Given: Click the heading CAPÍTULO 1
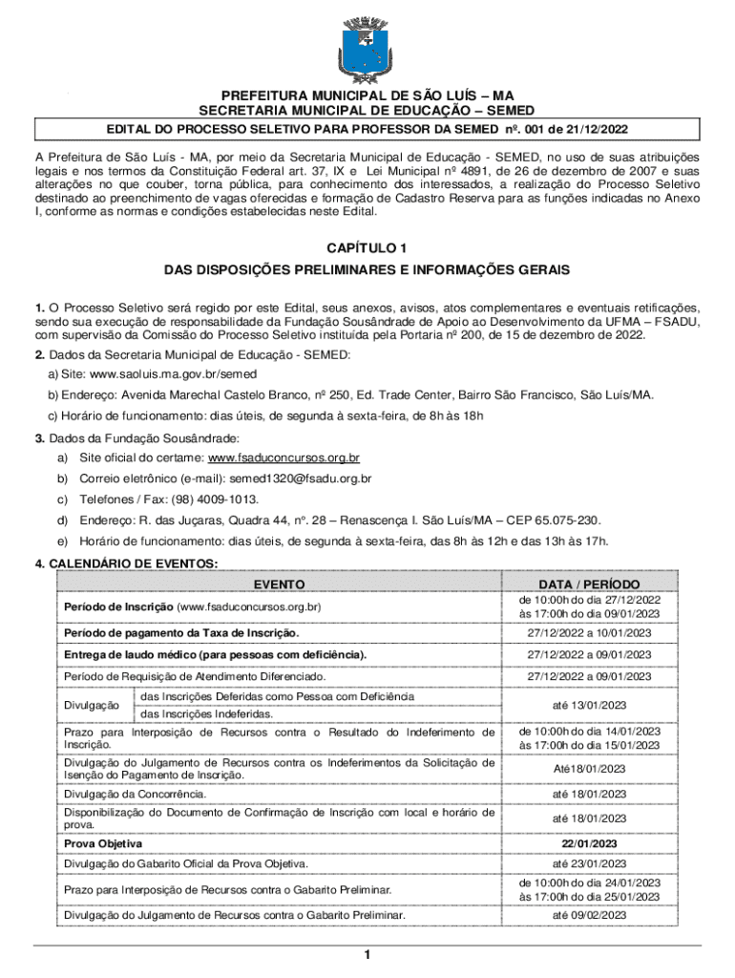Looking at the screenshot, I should click(x=367, y=248).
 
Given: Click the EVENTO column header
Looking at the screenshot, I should click(x=280, y=584).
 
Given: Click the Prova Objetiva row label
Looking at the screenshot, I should click(x=103, y=843).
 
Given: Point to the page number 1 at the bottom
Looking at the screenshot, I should click(x=367, y=955).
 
